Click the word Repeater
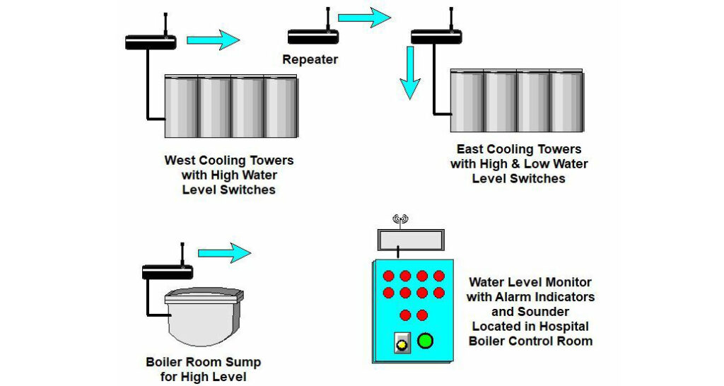coord(310,59)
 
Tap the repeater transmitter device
coord(313,37)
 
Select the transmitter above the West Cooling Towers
coord(151,42)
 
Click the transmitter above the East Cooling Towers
coord(437,36)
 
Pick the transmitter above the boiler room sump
coord(168,271)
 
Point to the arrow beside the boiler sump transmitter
coord(224,252)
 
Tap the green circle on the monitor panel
coord(425,341)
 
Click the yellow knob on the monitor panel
coord(402,344)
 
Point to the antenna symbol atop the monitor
coord(400,220)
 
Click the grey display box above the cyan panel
coord(411,240)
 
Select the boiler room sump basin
coord(204,317)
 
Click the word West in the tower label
coord(180,160)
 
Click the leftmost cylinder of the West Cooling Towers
coord(182,106)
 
